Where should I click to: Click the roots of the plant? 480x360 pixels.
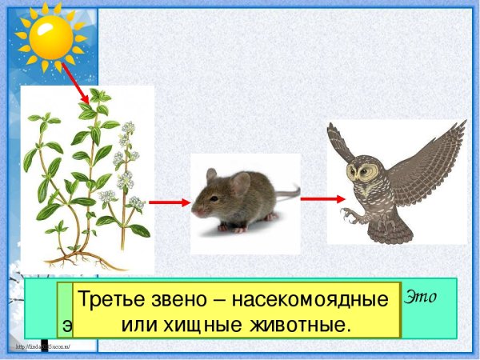83,258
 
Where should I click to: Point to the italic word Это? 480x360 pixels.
423,297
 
